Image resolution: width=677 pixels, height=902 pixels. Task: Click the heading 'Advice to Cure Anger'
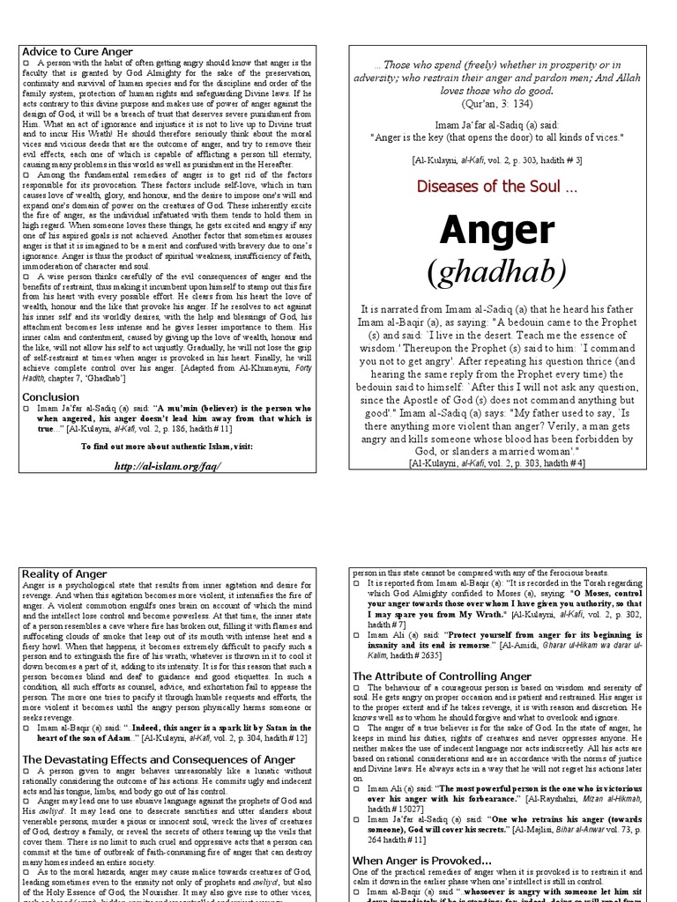pos(78,52)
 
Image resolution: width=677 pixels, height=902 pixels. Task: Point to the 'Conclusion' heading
pos(51,396)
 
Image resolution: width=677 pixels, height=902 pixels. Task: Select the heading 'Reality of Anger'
pos(65,574)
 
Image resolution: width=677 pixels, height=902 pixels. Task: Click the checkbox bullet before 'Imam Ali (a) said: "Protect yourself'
pos(357,635)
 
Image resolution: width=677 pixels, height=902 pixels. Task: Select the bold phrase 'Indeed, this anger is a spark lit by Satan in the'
pos(225,727)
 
